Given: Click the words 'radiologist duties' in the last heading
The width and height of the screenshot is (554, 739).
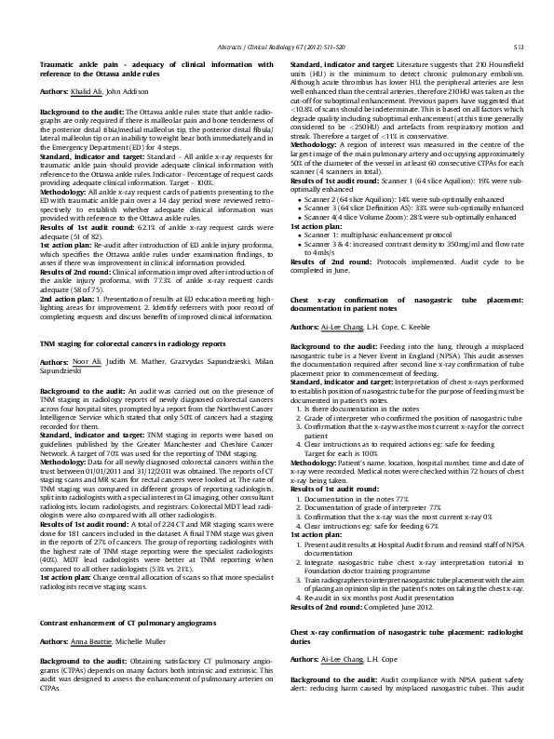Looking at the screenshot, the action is click(305, 638).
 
